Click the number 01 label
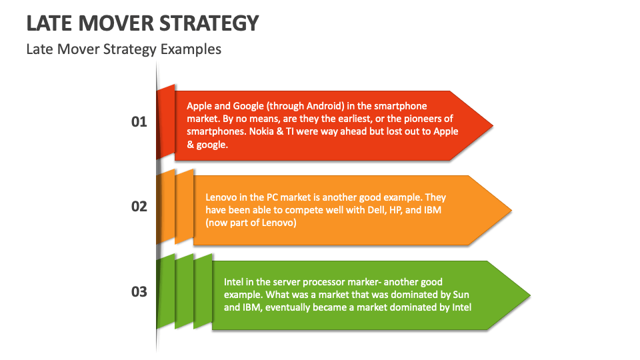coord(139,121)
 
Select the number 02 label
coord(139,207)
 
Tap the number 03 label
coord(139,292)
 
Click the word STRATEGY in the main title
coord(209,23)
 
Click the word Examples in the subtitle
coord(191,49)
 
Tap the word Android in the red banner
coord(325,106)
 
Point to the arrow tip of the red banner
coord(493,126)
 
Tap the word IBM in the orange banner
coord(432,210)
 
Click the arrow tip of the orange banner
coord(511,211)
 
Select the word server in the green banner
coord(286,283)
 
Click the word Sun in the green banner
coord(461,295)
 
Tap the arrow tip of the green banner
coord(530,295)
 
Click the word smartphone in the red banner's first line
coord(401,106)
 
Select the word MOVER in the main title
coord(116,23)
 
